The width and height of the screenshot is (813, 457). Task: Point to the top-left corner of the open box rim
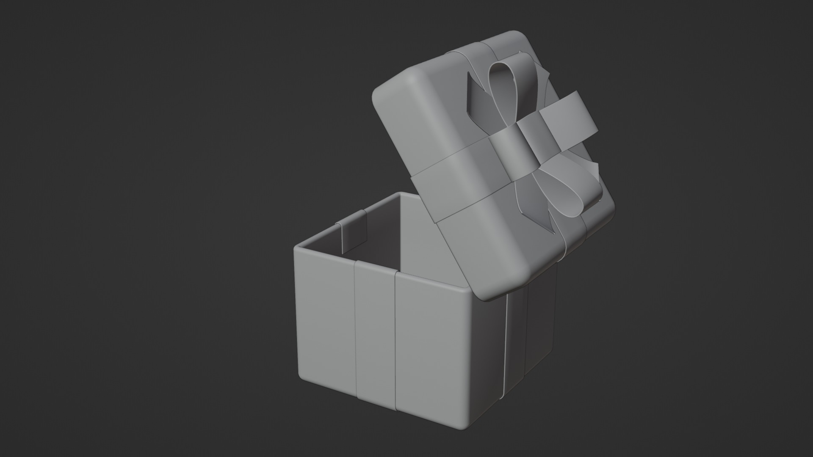coord(296,248)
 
